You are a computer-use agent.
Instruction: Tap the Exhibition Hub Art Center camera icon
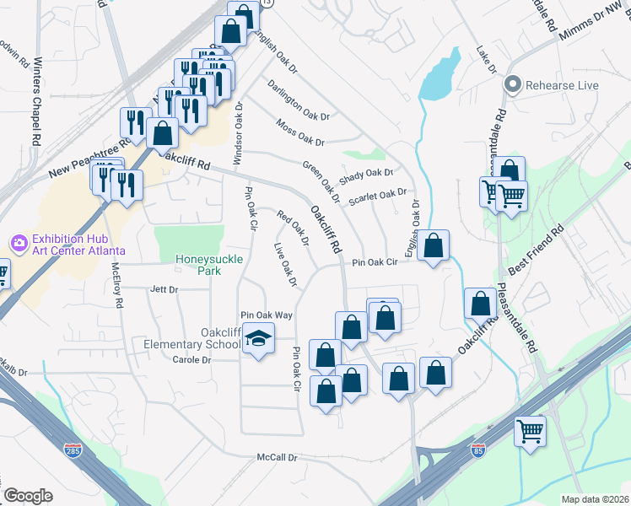pos(19,243)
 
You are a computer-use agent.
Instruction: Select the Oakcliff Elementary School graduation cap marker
pos(259,340)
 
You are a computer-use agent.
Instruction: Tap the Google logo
pos(28,496)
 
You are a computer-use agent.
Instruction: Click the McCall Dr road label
pos(278,458)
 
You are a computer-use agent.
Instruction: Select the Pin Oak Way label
pos(266,315)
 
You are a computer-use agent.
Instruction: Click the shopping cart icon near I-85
pos(531,432)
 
